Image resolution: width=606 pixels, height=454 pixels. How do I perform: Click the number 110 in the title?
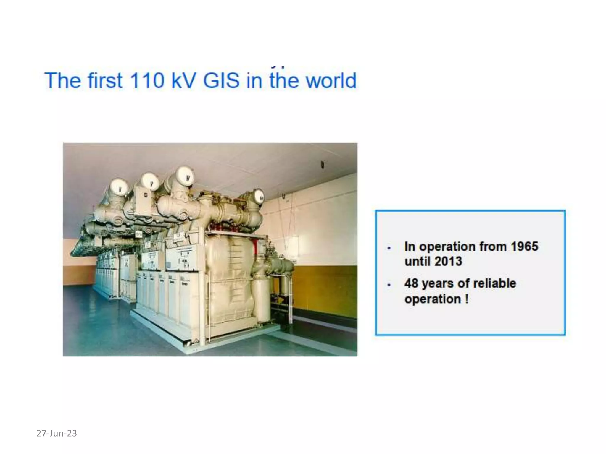(147, 80)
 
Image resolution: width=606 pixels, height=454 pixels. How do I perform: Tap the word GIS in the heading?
(221, 80)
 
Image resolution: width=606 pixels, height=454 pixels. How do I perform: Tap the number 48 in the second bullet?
(411, 283)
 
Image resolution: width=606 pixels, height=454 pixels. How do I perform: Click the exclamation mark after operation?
(467, 299)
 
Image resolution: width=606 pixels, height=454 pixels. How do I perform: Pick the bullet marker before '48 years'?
(389, 285)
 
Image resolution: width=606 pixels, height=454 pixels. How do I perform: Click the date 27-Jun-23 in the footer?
(57, 433)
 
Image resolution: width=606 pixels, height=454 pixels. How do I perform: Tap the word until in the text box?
(417, 261)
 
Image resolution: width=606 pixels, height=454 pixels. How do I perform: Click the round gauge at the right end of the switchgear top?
(259, 196)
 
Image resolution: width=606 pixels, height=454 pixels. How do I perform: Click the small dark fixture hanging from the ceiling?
(323, 164)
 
